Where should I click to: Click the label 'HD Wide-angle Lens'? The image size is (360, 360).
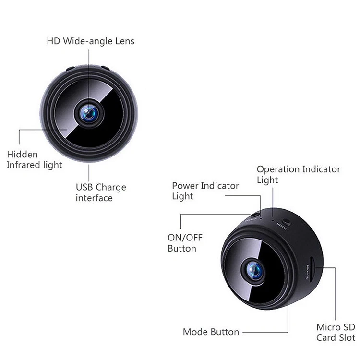coord(90,41)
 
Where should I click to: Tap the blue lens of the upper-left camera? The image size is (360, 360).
coord(89,113)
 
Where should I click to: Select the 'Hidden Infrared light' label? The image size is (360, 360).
coord(35,160)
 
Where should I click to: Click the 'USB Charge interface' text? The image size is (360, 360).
coord(101,192)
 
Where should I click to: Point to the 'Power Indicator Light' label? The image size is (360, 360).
coord(205,191)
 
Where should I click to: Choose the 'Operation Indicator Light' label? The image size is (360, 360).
coord(298,175)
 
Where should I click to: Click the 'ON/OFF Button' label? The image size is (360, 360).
coord(182,243)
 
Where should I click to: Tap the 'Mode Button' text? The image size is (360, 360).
coord(211,332)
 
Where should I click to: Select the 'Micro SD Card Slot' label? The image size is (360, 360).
coord(336,332)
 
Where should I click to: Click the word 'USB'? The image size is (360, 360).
coord(84,187)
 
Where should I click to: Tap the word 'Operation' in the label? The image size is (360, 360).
coord(278,169)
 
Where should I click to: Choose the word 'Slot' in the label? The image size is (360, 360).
coord(347,337)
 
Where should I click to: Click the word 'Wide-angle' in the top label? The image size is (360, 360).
coord(88,41)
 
